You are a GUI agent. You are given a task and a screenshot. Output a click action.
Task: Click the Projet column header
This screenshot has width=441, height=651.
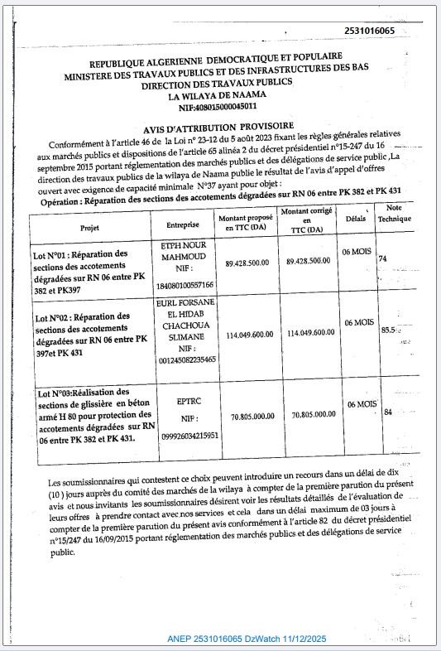point(90,226)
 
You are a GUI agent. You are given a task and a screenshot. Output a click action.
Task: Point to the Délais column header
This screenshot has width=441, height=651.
point(356,219)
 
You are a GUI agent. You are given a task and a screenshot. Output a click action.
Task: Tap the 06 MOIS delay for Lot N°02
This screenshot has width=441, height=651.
point(359,322)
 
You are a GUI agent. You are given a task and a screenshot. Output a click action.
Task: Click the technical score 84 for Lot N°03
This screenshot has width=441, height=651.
point(386,412)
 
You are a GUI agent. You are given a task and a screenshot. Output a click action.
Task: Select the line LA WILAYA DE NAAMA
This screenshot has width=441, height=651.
point(218,95)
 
